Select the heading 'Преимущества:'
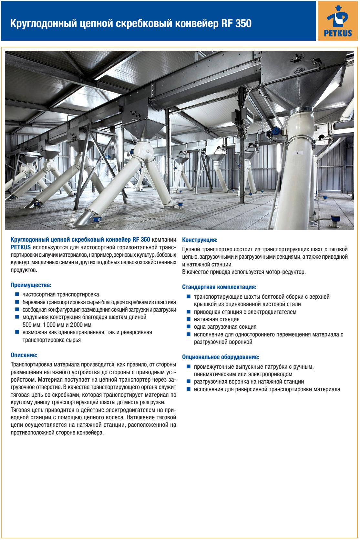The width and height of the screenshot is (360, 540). (x=31, y=285)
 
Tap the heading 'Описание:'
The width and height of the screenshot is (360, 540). (x=24, y=355)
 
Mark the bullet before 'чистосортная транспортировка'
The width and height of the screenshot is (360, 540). (x=17, y=294)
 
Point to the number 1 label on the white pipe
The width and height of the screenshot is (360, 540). (x=297, y=152)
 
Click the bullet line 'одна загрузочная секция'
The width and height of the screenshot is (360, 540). (x=225, y=327)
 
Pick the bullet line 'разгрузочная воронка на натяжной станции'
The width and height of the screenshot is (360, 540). (x=249, y=382)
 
